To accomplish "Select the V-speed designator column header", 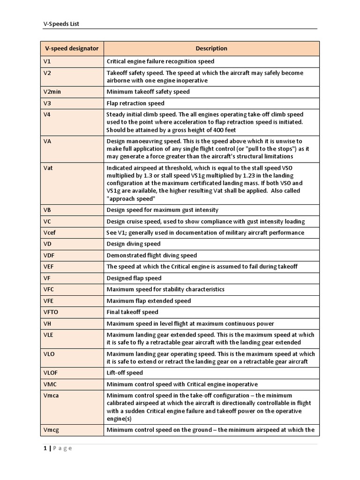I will (x=71, y=48).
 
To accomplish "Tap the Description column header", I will (x=211, y=48).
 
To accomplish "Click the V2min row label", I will (x=52, y=92).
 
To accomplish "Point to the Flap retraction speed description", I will (x=135, y=103).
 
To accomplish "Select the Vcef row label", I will (x=50, y=232).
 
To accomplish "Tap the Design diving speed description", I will (x=134, y=244).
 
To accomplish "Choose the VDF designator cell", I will (x=49, y=255).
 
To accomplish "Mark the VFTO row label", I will (x=51, y=312).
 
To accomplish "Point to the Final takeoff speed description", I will (x=133, y=312).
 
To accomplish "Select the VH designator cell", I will (x=47, y=323).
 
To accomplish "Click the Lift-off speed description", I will (x=125, y=373).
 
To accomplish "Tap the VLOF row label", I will (x=51, y=373).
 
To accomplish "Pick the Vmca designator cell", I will (x=51, y=396).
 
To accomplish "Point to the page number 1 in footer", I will (x=45, y=448).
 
